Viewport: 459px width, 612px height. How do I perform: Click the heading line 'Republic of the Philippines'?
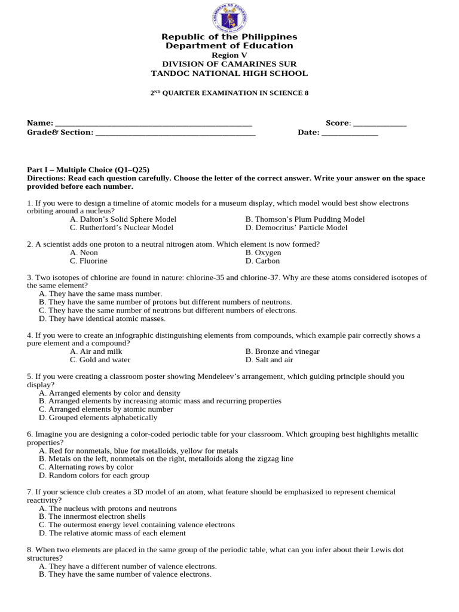pyautogui.click(x=229, y=37)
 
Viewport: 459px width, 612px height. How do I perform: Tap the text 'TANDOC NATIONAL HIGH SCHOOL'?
pyautogui.click(x=229, y=74)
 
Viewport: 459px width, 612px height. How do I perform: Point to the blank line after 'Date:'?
pyautogui.click(x=350, y=133)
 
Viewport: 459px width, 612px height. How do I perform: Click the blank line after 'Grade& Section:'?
pyautogui.click(x=175, y=133)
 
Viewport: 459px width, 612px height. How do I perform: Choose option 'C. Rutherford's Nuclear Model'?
pyautogui.click(x=121, y=228)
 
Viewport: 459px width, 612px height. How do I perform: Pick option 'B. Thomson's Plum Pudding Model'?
pyautogui.click(x=305, y=219)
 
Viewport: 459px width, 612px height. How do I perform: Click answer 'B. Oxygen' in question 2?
pyautogui.click(x=263, y=253)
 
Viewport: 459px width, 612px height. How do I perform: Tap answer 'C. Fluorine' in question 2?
pyautogui.click(x=88, y=261)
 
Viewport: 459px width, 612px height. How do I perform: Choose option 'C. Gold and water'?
pyautogui.click(x=100, y=360)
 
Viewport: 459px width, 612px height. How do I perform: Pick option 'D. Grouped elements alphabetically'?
pyautogui.click(x=98, y=418)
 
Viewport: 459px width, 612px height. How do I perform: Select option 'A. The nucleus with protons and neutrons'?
pyautogui.click(x=108, y=509)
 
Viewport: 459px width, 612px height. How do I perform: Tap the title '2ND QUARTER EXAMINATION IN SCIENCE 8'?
pyautogui.click(x=229, y=93)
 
